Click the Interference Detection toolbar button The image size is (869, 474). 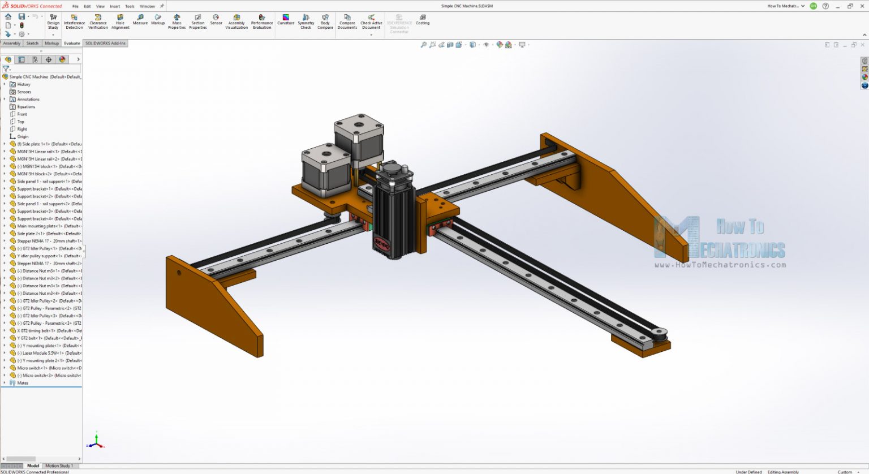click(74, 21)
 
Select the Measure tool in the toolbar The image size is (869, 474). click(140, 20)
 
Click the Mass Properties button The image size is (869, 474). click(177, 21)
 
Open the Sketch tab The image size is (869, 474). click(32, 43)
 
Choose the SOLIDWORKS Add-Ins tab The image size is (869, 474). click(105, 43)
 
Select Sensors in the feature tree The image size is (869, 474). click(24, 92)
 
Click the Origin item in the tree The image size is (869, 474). click(23, 136)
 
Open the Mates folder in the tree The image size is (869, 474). click(23, 383)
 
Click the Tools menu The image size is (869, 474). click(130, 6)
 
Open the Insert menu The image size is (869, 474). click(115, 6)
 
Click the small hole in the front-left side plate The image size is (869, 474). click(179, 273)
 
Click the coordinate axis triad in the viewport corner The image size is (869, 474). click(97, 441)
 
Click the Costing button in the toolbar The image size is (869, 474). click(423, 20)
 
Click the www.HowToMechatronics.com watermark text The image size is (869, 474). click(720, 265)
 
